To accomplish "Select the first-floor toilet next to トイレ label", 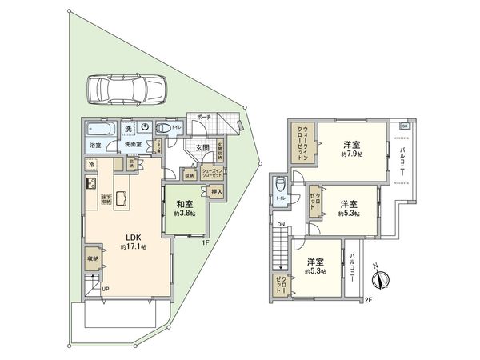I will coord(164,128).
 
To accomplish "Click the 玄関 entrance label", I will coord(200,148).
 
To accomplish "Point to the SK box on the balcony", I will coord(405,126).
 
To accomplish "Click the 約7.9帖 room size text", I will coord(350,154).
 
